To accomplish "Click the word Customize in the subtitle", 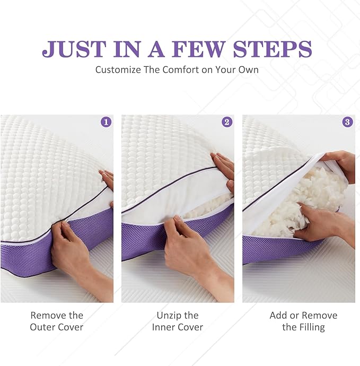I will pos(118,69).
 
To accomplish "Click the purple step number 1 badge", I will pos(106,122).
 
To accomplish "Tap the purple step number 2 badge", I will pos(227,122).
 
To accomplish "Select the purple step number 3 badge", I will pos(348,122).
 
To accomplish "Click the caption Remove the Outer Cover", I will pos(57,321).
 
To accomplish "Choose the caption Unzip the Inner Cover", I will pos(178,321).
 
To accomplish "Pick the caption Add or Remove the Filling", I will pos(303,321).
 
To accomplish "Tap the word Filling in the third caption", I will pos(312,327).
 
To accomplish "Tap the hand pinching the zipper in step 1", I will pos(72,249).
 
